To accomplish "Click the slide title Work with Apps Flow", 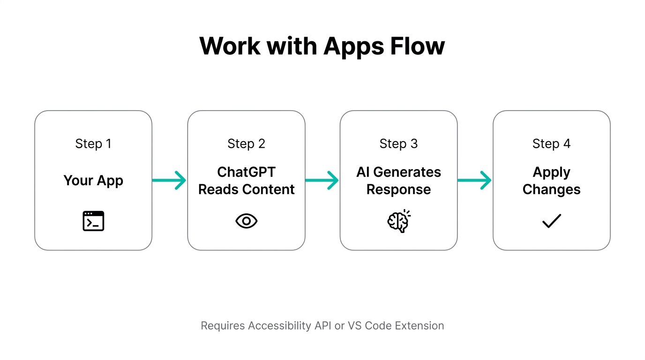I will (322, 46).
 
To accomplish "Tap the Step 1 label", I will (93, 143).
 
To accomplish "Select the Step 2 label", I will (246, 143).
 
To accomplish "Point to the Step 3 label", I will (398, 143).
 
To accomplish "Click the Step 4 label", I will (551, 143).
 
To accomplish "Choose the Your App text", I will (93, 180).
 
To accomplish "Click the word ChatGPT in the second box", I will (246, 172).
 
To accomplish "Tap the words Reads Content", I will (246, 189).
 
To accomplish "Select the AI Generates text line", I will (398, 172).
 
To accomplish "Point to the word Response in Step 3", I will (398, 189).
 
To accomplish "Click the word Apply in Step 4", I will (551, 172).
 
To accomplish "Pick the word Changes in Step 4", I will (551, 189).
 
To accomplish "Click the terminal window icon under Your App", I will (93, 221).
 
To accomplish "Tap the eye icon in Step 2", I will (246, 221).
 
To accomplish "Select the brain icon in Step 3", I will (398, 221).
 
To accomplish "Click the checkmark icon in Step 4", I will (551, 221).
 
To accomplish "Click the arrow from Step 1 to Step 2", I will (169, 180).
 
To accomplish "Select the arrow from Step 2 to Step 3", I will (322, 180).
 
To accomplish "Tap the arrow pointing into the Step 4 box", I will (474, 180).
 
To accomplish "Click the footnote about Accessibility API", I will (322, 325).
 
